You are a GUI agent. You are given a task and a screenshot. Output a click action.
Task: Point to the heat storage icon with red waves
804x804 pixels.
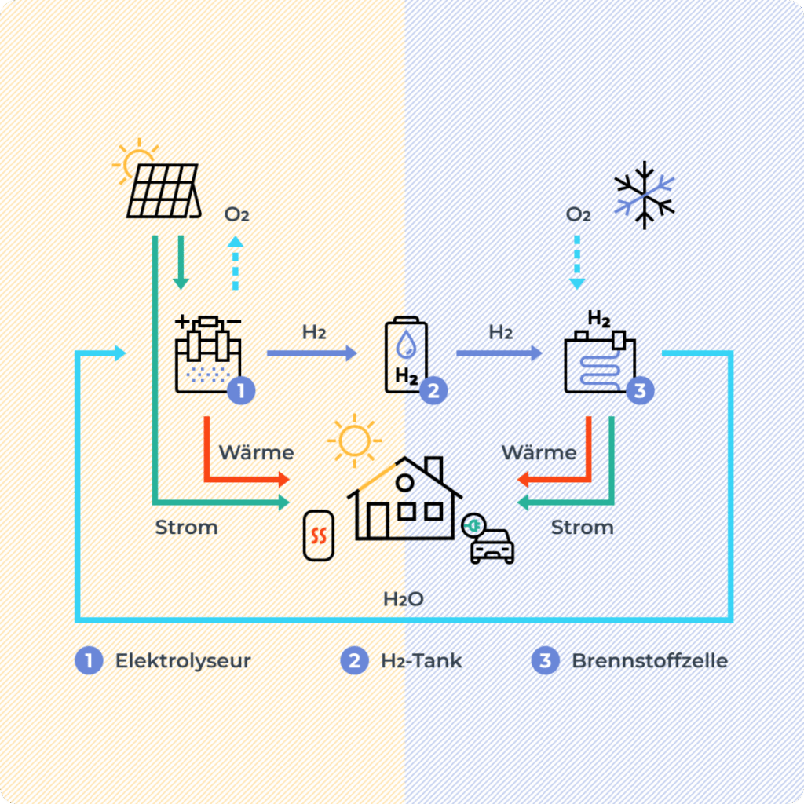point(318,536)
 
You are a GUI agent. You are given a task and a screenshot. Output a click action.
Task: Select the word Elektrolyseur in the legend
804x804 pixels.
point(183,661)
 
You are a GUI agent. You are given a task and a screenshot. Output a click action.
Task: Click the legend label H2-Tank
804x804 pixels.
point(422,661)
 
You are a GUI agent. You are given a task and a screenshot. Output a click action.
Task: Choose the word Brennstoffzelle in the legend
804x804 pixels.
point(649,661)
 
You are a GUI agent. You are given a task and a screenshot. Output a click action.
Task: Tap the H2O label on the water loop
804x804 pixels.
point(404,600)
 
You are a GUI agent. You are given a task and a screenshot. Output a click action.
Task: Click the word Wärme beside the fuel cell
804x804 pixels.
point(539,453)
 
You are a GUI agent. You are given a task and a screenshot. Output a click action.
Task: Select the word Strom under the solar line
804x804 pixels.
point(186,528)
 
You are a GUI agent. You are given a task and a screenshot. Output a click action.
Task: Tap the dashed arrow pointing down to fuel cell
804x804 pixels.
point(578,259)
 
